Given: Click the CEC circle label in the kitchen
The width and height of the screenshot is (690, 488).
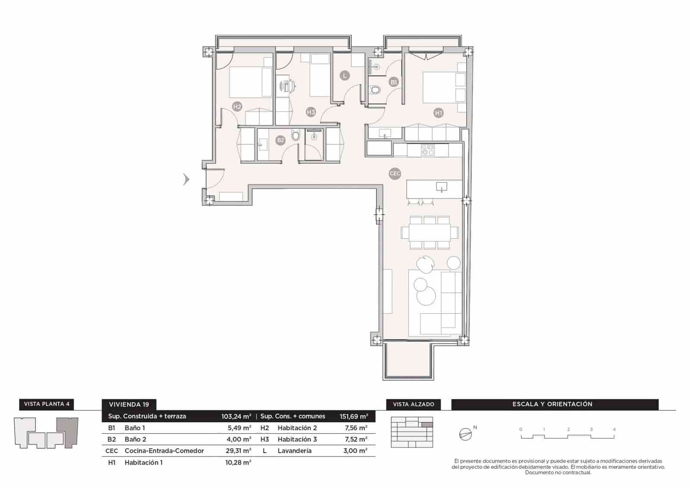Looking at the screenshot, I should pos(395,174).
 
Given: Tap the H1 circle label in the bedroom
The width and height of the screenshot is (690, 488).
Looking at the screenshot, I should pos(439,113).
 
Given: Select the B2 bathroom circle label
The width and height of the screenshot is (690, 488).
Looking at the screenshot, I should pos(281,140).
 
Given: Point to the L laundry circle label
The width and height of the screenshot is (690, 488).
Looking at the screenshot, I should pos(344,76).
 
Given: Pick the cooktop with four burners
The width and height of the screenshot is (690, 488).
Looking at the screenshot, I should pos(428,150).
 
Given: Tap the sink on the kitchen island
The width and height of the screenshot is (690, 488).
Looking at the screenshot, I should pos(441,187).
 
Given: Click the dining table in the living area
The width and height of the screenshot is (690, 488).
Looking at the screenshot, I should pos(430,233).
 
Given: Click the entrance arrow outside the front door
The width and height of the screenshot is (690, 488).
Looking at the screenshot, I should pos(186,179).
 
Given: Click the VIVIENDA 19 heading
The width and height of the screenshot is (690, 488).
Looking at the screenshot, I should pos(129,404).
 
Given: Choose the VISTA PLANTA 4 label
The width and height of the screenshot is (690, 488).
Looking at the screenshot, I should pos(47,404).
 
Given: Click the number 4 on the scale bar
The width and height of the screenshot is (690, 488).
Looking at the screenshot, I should pos(614,429).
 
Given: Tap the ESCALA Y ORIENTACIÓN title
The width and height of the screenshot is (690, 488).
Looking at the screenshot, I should pos(552,404).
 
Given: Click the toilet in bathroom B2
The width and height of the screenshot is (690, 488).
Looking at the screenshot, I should pos(295,136).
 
